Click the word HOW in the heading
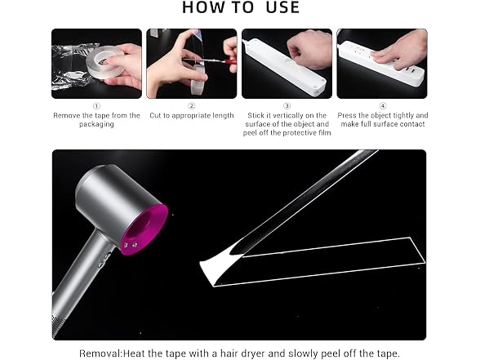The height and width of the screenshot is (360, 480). point(202,7)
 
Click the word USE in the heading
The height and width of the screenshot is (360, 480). point(282,7)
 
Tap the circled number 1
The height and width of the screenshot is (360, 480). point(96,106)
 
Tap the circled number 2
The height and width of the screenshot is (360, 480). point(192,106)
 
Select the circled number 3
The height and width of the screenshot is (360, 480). point(287,106)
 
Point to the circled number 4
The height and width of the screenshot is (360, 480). point(383,106)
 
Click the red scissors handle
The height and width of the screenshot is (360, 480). point(229,62)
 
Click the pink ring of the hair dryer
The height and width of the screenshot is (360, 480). point(148,228)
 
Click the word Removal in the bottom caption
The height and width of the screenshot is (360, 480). point(100,353)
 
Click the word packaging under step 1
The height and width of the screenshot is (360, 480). point(96,124)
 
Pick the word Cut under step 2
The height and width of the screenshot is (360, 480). point(155,115)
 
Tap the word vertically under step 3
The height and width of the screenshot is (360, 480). point(279,115)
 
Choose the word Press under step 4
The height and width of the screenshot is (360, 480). point(346,115)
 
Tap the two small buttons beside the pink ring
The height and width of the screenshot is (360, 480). point(131,245)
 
